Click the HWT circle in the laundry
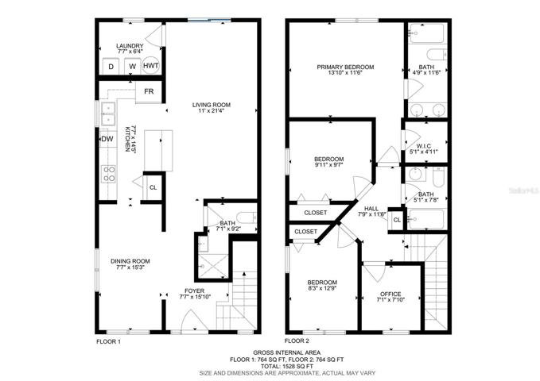click(x=151, y=65)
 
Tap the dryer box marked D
click(x=111, y=67)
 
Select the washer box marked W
click(x=133, y=67)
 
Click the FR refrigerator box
click(x=149, y=92)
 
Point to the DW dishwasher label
click(x=107, y=139)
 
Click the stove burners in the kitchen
click(x=109, y=174)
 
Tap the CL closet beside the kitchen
click(x=153, y=187)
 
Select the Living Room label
click(x=211, y=105)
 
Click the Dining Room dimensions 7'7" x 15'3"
click(x=130, y=267)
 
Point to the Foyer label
click(x=194, y=291)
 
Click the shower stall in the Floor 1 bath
click(x=213, y=266)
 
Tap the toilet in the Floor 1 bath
click(x=247, y=217)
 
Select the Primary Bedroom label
click(x=345, y=67)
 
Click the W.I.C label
click(x=423, y=146)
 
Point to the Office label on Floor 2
click(x=390, y=294)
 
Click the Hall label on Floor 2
click(x=371, y=209)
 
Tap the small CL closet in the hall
click(x=397, y=220)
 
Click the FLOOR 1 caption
click(x=108, y=342)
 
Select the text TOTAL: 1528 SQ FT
click(x=287, y=366)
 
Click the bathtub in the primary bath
click(x=427, y=33)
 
